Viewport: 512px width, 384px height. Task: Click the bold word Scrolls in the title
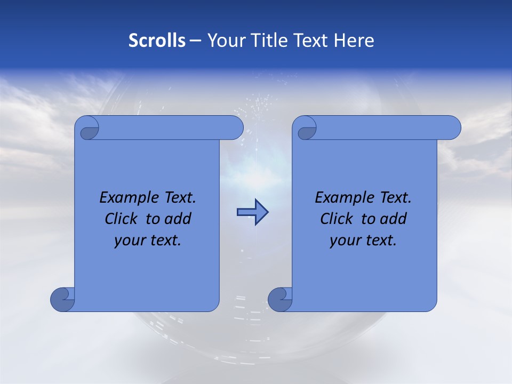[x=157, y=41]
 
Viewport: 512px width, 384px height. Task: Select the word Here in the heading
[x=354, y=41]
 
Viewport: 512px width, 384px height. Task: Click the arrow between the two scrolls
[x=252, y=212]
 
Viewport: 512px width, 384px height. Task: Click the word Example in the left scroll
[x=126, y=198]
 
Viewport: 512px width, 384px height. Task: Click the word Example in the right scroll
[x=342, y=198]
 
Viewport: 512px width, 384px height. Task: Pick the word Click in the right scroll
[x=336, y=219]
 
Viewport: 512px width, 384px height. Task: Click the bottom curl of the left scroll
[x=62, y=299]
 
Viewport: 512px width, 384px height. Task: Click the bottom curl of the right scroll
[x=279, y=299]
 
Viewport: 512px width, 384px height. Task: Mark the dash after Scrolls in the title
[x=196, y=41]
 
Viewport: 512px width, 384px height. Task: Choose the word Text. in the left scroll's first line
[x=178, y=198]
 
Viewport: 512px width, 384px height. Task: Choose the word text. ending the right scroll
[x=380, y=240]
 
